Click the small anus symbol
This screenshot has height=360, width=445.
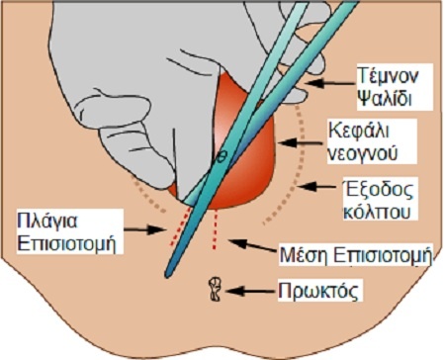pos(215,290)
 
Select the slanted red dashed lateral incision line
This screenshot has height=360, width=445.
pos(179,229)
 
